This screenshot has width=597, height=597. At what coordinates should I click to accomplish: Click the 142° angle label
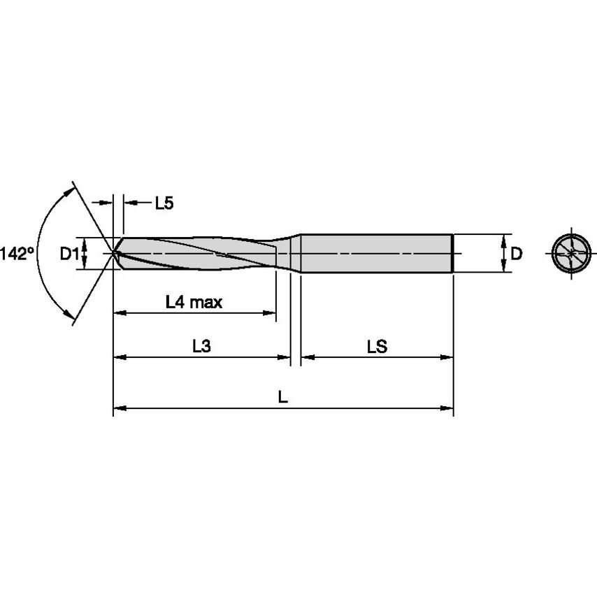click(x=17, y=254)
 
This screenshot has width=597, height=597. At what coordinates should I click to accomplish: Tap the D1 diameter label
click(x=68, y=254)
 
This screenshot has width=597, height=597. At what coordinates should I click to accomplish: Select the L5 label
click(x=164, y=203)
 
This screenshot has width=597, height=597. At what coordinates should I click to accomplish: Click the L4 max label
click(x=194, y=302)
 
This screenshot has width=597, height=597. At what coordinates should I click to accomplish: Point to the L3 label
click(x=201, y=346)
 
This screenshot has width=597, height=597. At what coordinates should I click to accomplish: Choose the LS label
click(x=377, y=346)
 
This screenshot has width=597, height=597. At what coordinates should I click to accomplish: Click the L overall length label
click(x=282, y=397)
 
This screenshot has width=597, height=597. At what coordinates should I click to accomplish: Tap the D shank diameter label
click(x=516, y=254)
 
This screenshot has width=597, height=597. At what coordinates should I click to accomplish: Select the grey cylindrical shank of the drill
click(x=377, y=252)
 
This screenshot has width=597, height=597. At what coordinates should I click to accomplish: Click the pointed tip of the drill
click(x=115, y=253)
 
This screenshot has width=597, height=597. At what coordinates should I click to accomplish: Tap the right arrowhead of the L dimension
click(x=449, y=408)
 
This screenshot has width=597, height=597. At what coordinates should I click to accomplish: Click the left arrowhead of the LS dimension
click(x=307, y=357)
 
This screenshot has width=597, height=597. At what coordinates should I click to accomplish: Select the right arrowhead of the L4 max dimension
click(x=271, y=313)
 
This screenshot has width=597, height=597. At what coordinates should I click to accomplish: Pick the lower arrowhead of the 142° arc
click(x=71, y=318)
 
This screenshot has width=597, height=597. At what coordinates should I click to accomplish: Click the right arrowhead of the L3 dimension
click(x=285, y=357)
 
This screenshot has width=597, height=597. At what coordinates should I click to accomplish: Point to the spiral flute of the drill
click(x=203, y=253)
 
